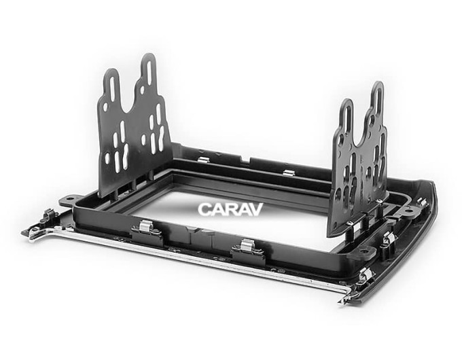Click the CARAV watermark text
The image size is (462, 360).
pyautogui.click(x=230, y=209)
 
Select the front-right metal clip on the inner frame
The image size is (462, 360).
pyautogui.click(x=247, y=246)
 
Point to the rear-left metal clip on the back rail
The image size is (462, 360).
pyautogui.click(x=204, y=160)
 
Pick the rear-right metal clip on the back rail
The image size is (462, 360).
pyautogui.click(x=289, y=173)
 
